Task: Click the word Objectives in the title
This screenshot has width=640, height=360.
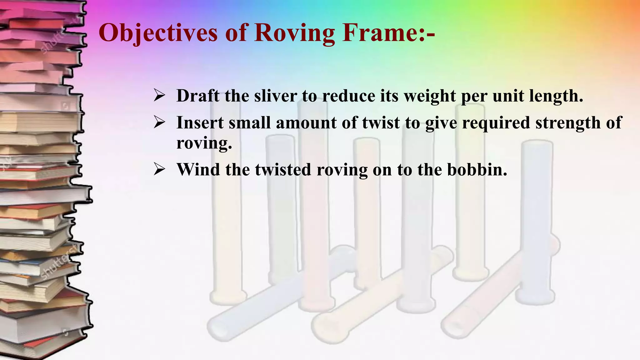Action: point(158,33)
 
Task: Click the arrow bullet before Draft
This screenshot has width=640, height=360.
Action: point(159,96)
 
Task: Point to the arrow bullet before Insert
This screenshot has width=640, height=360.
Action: point(159,122)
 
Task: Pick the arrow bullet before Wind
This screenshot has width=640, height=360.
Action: point(159,169)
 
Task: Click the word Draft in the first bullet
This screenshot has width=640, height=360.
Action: point(198,96)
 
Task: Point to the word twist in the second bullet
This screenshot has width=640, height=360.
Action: point(381,122)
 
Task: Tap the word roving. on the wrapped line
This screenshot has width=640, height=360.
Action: point(204,143)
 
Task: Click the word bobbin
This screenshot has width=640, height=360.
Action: point(477,169)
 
